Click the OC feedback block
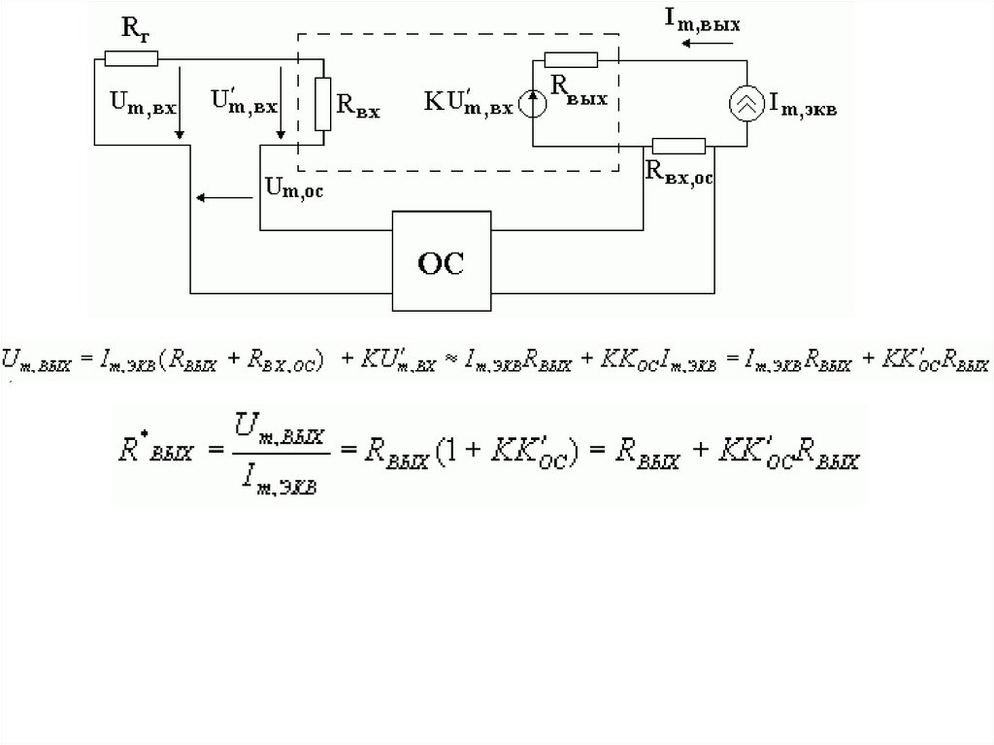pos(441,261)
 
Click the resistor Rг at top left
pos(130,58)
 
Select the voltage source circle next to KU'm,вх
pos(531,103)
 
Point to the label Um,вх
pos(145,103)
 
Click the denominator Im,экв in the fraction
pos(287,476)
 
